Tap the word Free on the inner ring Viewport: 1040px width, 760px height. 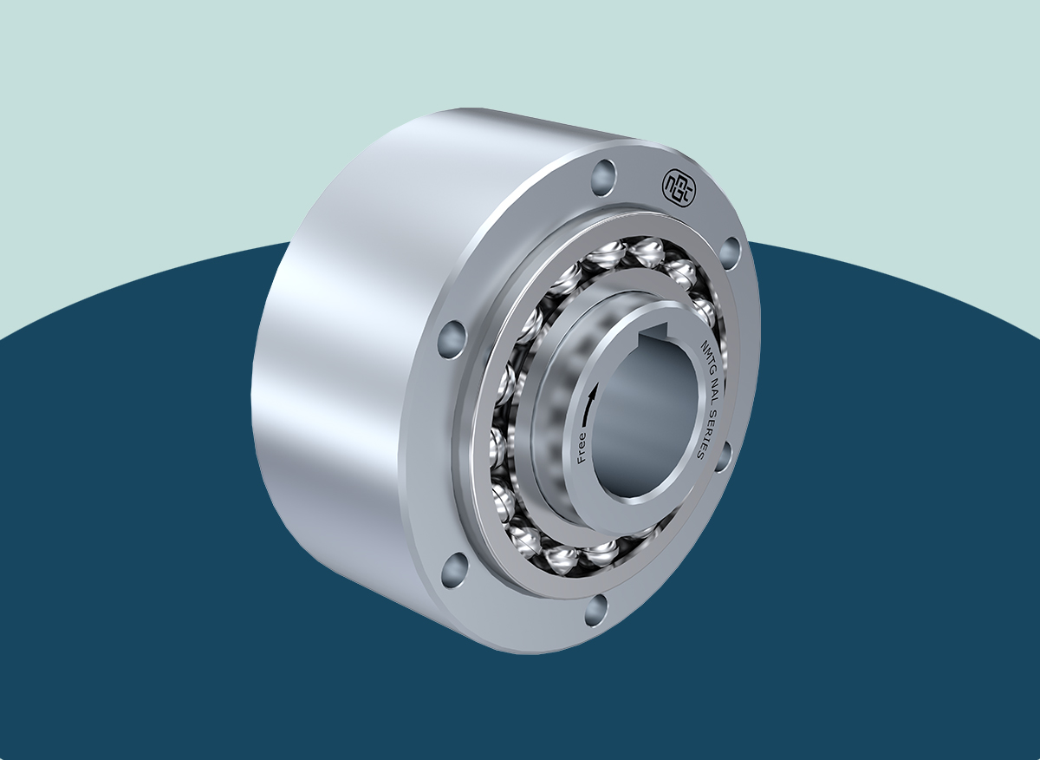[582, 448]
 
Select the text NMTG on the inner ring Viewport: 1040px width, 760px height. [710, 355]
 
